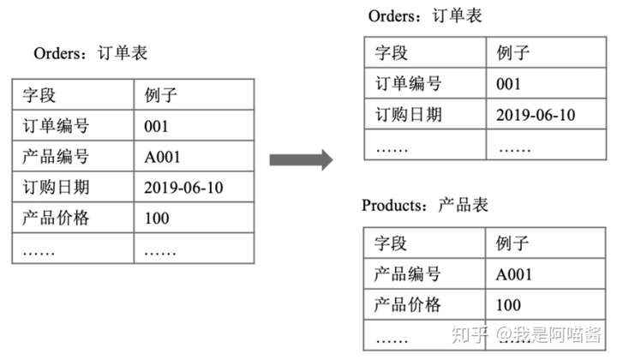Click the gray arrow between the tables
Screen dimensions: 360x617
click(300, 159)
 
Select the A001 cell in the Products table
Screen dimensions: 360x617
click(514, 274)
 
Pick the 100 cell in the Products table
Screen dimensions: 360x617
click(508, 304)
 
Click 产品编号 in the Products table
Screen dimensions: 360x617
click(408, 274)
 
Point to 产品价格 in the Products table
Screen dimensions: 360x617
click(408, 304)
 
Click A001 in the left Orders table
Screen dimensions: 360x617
click(162, 157)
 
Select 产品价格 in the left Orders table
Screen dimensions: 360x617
click(56, 218)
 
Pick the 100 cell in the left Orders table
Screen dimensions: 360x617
click(157, 218)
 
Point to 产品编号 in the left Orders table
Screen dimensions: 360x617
click(56, 157)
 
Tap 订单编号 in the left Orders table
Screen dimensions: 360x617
click(56, 127)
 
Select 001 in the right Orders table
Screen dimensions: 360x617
click(510, 84)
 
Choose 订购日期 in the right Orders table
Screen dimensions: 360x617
click(408, 114)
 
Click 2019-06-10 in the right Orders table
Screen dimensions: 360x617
click(536, 114)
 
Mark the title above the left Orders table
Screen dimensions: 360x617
click(91, 53)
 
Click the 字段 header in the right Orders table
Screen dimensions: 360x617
click(392, 53)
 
